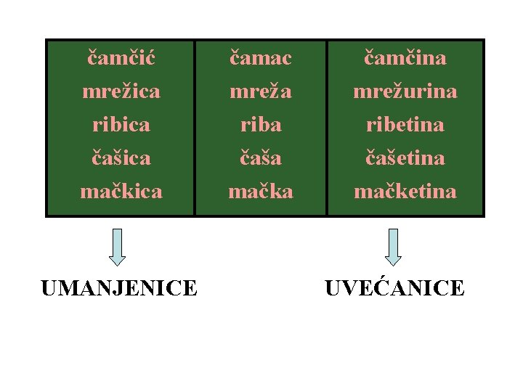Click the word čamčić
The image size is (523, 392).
click(x=121, y=57)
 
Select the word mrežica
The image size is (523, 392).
click(x=121, y=91)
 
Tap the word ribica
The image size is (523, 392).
click(x=121, y=124)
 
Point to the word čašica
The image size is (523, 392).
click(x=121, y=158)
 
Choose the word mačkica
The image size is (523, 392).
click(x=121, y=191)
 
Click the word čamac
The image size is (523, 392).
click(x=261, y=57)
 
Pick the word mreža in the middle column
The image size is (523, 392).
click(x=261, y=91)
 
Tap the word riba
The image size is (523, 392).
click(x=261, y=124)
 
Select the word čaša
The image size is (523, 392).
click(x=261, y=158)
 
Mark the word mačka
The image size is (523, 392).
click(x=261, y=191)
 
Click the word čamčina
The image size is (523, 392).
click(x=405, y=57)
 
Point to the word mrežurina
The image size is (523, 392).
click(x=405, y=91)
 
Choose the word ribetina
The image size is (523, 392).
click(x=405, y=124)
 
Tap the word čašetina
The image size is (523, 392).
click(x=405, y=158)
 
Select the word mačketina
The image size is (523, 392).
click(x=405, y=191)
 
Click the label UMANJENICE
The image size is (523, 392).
click(x=119, y=288)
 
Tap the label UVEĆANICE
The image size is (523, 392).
click(x=394, y=288)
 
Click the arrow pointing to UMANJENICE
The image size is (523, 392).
click(x=118, y=247)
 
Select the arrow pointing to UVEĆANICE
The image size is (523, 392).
click(x=393, y=247)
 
